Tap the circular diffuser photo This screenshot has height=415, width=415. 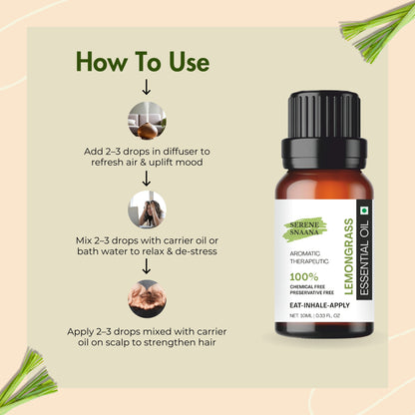147,122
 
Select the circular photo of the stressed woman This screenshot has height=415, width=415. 147,210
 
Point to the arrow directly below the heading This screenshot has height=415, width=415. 147,89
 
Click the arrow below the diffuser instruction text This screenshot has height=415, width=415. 147,179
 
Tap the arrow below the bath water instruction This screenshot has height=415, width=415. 147,266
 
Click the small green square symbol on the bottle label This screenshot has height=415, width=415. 363,212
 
